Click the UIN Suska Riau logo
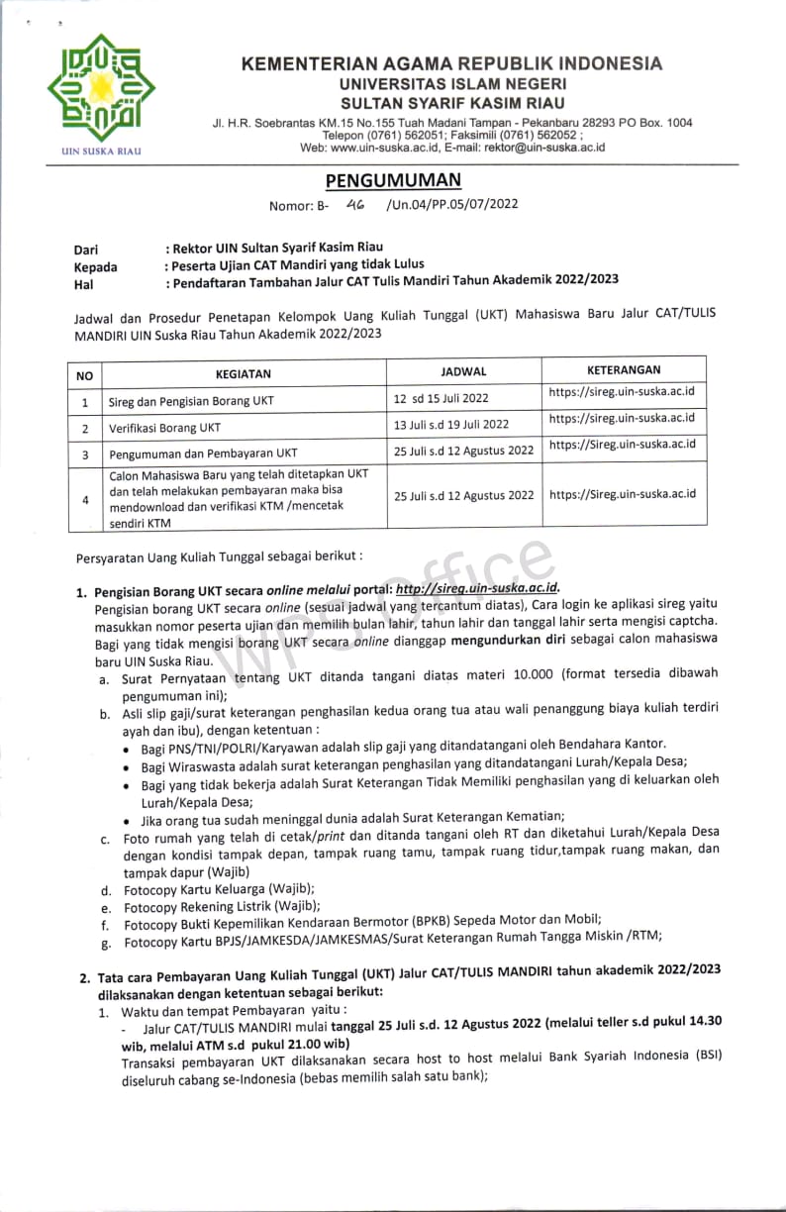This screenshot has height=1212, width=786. (x=93, y=90)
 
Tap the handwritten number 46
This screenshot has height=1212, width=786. (x=355, y=204)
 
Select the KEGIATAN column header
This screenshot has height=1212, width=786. (x=243, y=374)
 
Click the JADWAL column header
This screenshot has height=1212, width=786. (x=463, y=371)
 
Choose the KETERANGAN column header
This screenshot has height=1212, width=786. (x=623, y=369)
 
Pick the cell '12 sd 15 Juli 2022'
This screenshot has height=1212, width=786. (x=442, y=399)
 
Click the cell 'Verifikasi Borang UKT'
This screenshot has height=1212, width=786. (x=165, y=428)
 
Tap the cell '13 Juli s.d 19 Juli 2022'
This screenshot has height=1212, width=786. (x=451, y=425)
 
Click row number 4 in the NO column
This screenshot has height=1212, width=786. (x=85, y=499)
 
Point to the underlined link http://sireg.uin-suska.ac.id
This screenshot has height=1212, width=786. (x=478, y=588)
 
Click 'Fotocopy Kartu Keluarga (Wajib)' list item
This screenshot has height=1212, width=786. (x=219, y=889)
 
